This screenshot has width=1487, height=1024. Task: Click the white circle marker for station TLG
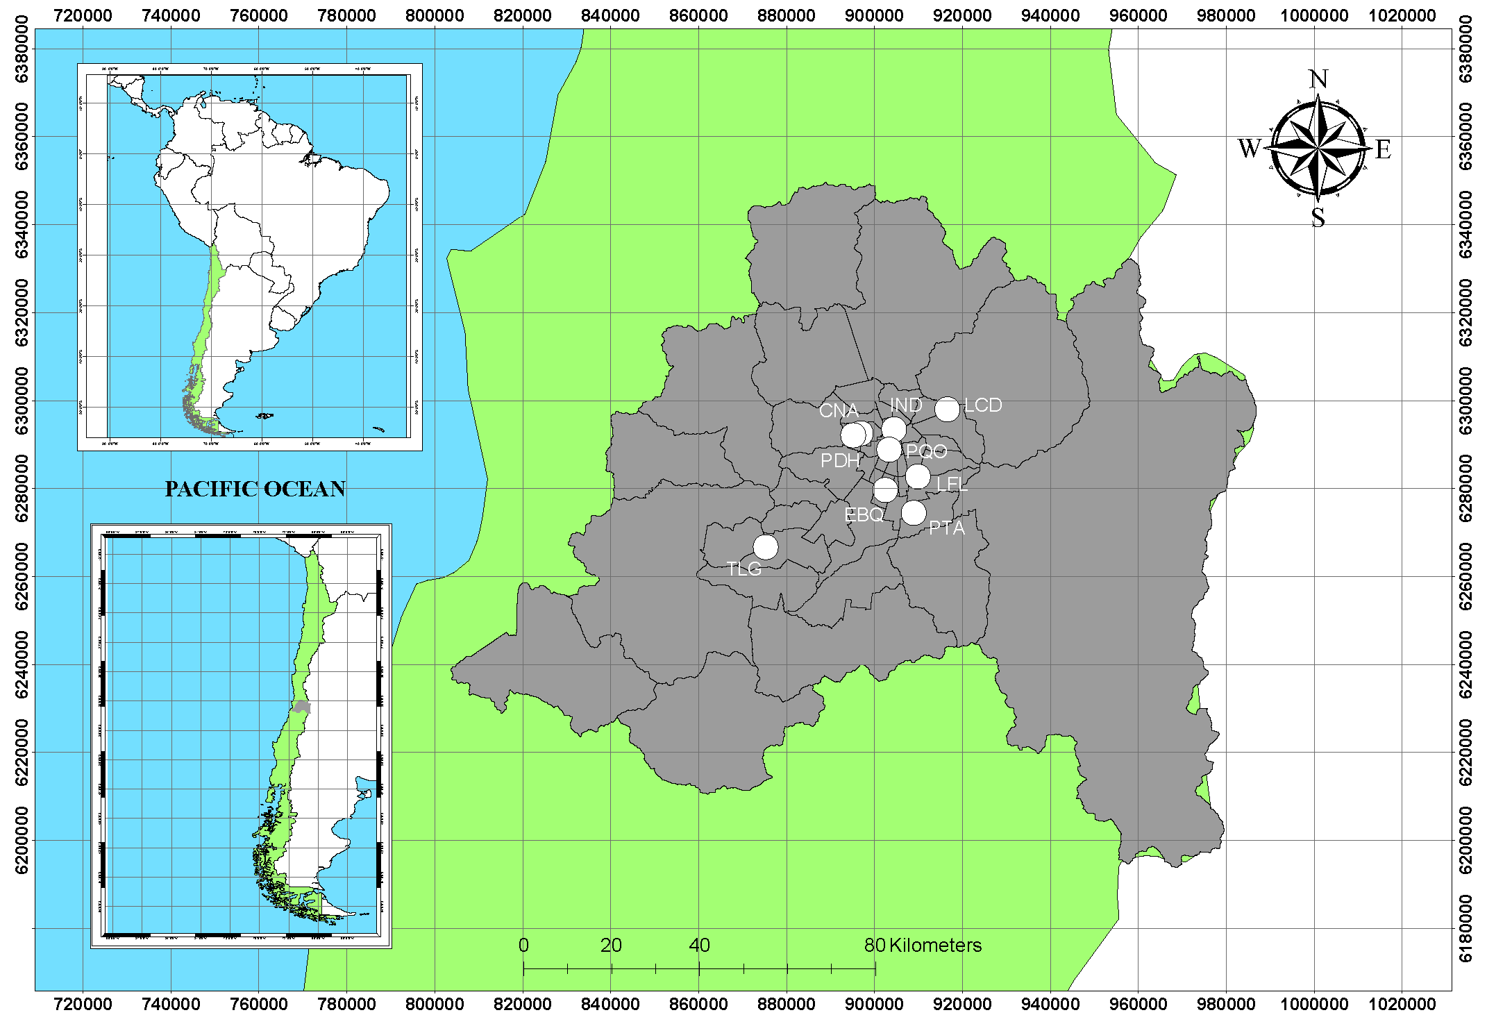[766, 547]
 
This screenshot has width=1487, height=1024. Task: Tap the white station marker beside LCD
[947, 410]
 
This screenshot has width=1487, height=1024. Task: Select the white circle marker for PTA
[914, 513]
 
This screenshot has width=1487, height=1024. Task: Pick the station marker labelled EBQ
[885, 490]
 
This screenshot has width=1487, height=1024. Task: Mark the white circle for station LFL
[918, 476]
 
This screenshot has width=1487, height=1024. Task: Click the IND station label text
[906, 405]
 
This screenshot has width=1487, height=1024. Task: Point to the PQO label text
[927, 451]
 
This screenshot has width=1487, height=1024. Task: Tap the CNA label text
[839, 411]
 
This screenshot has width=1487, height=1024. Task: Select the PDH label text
[840, 460]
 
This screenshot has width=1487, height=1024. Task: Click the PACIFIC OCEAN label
[255, 489]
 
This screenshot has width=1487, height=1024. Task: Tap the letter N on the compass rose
[1318, 80]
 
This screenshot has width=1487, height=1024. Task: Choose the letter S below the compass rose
[1318, 218]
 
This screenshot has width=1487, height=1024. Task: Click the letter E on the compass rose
[1383, 149]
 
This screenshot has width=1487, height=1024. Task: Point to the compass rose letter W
[1249, 149]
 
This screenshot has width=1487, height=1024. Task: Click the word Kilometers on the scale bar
[935, 945]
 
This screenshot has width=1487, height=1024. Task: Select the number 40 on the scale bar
[699, 945]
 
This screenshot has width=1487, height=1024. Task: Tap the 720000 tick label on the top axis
[83, 15]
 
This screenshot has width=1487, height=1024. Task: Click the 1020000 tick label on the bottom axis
[1402, 1005]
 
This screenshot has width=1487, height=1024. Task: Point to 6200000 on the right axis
[1465, 840]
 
